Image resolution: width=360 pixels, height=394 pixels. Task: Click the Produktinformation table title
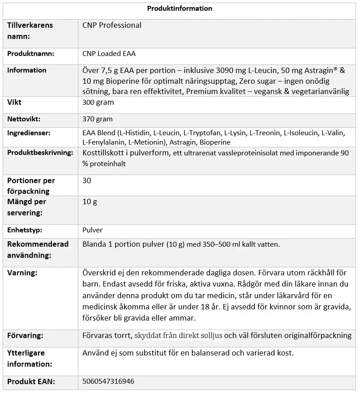click(179, 9)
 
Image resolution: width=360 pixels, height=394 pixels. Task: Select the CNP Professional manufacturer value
click(112, 26)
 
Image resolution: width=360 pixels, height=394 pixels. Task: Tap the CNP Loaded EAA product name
click(109, 54)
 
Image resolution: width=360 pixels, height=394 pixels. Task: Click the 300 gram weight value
click(98, 103)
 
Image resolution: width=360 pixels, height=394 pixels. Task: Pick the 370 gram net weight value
click(98, 119)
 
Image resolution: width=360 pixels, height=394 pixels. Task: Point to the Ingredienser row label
click(29, 133)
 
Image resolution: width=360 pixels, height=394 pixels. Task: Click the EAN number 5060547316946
click(108, 381)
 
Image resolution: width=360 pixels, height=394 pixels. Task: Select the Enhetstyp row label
click(25, 230)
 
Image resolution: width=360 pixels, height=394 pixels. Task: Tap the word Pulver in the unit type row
click(93, 230)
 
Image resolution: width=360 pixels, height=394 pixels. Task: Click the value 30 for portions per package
click(87, 180)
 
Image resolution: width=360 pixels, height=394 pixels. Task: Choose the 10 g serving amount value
click(90, 201)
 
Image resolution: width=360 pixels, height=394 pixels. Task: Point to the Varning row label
click(22, 273)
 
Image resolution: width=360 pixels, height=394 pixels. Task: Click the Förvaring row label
click(25, 335)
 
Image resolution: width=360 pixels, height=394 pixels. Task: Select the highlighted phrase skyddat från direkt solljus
click(179, 335)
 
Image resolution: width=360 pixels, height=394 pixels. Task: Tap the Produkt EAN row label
click(31, 381)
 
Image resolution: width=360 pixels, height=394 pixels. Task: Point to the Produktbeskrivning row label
click(40, 153)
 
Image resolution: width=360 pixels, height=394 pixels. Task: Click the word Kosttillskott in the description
click(104, 153)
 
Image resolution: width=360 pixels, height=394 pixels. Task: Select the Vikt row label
click(14, 103)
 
